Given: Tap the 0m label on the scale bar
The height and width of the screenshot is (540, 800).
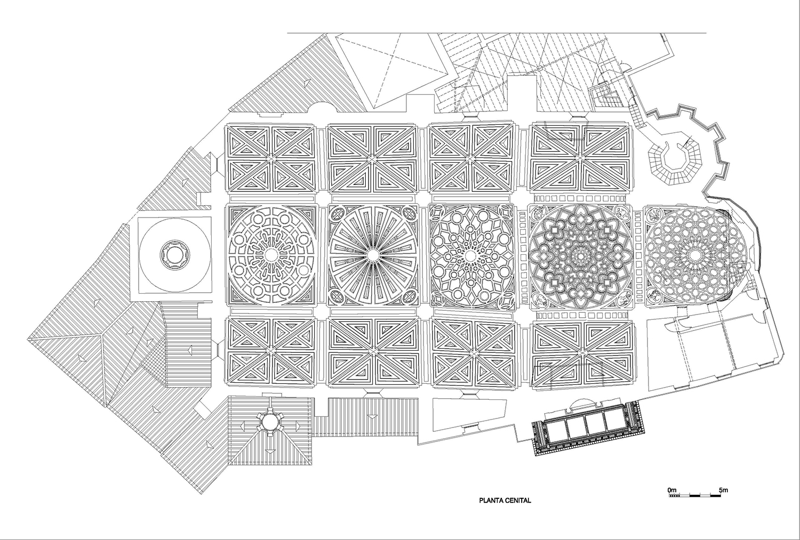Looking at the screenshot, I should click(x=671, y=489).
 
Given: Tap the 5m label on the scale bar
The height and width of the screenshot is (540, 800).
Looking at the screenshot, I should click(x=723, y=489).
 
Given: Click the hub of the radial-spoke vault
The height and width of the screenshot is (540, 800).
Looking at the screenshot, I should click(x=372, y=255).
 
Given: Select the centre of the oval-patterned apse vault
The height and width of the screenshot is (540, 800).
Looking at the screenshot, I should click(x=695, y=256).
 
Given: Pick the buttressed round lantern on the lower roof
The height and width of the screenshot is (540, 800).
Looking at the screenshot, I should click(x=269, y=423).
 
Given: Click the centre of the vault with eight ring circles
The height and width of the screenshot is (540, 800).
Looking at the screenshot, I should click(x=270, y=255).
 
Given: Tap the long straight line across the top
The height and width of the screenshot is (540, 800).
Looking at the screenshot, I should click(x=496, y=33).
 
